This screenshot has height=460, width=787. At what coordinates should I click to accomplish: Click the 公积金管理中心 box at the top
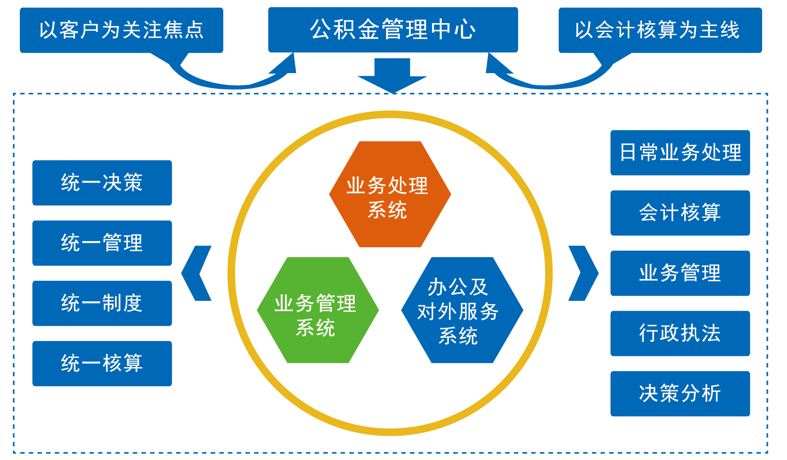tap(393, 29)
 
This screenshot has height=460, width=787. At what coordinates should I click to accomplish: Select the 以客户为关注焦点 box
tap(121, 30)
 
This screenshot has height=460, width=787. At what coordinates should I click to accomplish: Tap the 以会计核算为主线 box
tap(660, 30)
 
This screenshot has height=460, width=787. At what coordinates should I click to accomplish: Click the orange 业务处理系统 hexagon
tap(390, 194)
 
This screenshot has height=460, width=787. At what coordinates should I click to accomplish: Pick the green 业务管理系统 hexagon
tap(318, 310)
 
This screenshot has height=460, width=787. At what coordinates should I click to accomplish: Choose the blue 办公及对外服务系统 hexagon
tap(462, 310)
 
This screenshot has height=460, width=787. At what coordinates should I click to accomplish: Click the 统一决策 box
tap(102, 183)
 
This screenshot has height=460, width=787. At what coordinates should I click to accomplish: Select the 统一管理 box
tap(102, 243)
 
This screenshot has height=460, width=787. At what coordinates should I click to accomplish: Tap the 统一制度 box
tap(102, 303)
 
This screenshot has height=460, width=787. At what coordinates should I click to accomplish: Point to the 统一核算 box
tap(102, 363)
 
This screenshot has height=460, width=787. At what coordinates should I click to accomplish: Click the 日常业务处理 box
tap(680, 152)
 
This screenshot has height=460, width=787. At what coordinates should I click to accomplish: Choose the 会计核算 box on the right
tap(680, 213)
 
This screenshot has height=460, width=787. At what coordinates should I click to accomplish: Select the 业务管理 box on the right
tap(680, 273)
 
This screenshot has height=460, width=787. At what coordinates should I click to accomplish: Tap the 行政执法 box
tap(680, 333)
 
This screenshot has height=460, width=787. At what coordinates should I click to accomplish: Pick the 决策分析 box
tap(680, 393)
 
